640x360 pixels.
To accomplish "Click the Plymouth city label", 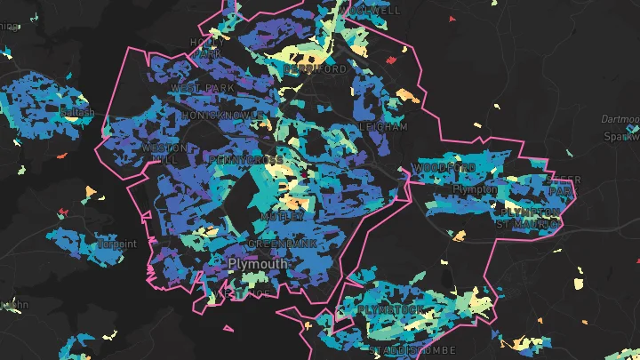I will (x=258, y=264).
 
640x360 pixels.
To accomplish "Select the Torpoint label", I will (x=118, y=244).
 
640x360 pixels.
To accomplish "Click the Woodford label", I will (x=444, y=168).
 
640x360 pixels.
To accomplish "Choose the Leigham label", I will (x=383, y=127).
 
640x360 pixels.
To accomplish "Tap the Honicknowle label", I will (x=221, y=116).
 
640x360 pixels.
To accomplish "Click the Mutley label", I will (x=283, y=216).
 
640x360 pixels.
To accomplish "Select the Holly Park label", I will (x=206, y=48).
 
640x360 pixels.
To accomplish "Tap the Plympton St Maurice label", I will (x=531, y=218).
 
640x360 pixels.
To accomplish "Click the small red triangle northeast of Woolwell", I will (x=452, y=19).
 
